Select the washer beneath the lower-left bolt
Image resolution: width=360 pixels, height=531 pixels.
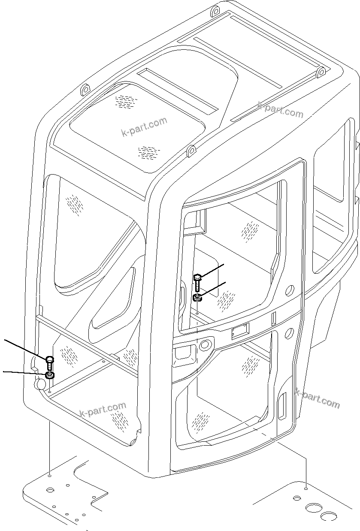50,376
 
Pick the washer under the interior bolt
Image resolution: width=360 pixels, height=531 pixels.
197,297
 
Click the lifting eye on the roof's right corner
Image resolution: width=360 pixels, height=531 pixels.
321,73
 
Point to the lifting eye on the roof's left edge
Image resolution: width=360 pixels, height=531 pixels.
85,90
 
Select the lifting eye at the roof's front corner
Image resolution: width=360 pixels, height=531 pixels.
191,151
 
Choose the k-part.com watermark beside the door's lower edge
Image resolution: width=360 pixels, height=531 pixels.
317,398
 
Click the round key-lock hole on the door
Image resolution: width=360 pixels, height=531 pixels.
206,344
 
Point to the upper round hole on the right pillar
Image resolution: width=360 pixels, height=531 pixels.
290,290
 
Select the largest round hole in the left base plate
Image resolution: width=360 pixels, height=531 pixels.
50,489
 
